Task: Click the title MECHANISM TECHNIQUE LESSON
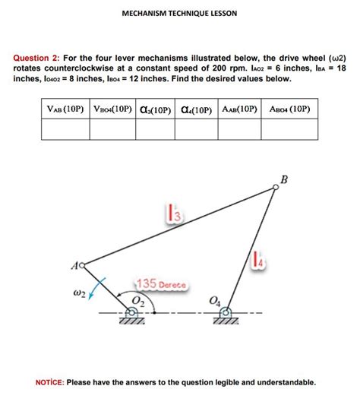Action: pyautogui.click(x=180, y=14)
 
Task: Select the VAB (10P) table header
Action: pyautogui.click(x=64, y=109)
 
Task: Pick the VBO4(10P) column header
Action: pyautogui.click(x=112, y=109)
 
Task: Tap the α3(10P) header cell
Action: pyautogui.click(x=154, y=109)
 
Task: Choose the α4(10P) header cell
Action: pyautogui.click(x=197, y=109)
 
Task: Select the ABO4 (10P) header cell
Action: pyautogui.click(x=290, y=109)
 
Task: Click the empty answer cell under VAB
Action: pyautogui.click(x=64, y=131)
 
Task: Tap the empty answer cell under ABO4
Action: pyautogui.click(x=290, y=131)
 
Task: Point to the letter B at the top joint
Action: pyautogui.click(x=284, y=179)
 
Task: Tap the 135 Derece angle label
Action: pyautogui.click(x=162, y=283)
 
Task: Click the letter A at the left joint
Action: pyautogui.click(x=73, y=264)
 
